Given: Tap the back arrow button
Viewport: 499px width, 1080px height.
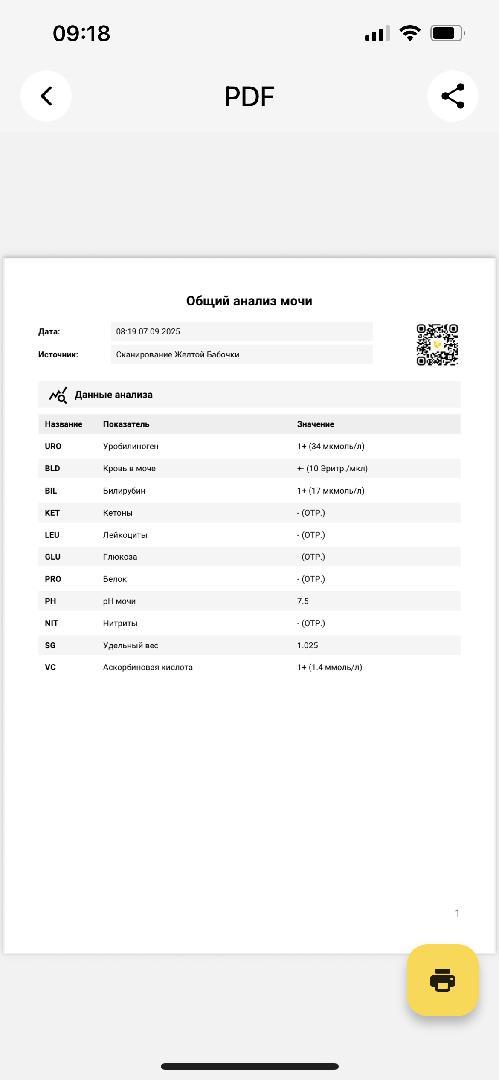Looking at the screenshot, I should [x=46, y=96].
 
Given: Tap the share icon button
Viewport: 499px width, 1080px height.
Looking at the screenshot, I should [x=453, y=96].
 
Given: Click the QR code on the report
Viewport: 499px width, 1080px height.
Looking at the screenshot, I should [x=437, y=345].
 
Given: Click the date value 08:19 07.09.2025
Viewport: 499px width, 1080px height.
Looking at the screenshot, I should [x=148, y=331].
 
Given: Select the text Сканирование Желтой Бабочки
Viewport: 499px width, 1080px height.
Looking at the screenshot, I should [x=177, y=354].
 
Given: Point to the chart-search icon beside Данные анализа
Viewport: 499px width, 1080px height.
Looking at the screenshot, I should [x=58, y=395].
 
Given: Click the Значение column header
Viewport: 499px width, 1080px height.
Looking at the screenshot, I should [x=316, y=424].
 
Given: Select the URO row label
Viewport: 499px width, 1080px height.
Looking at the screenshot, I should [x=53, y=446].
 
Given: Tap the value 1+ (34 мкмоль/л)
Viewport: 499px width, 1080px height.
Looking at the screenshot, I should [x=331, y=446].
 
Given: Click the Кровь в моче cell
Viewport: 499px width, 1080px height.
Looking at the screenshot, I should [x=129, y=468].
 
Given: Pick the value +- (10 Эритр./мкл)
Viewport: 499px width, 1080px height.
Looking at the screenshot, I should [x=332, y=468].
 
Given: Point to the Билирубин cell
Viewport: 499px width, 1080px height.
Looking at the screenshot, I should [x=124, y=491].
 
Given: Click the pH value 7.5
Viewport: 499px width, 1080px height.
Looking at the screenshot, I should [x=303, y=601].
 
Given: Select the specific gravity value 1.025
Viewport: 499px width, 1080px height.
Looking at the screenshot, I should [x=308, y=645].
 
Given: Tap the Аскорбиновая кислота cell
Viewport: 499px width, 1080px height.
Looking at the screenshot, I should [x=148, y=667].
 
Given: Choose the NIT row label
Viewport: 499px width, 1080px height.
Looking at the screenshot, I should [x=51, y=623].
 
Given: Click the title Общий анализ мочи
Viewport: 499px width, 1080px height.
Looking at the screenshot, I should [x=249, y=301].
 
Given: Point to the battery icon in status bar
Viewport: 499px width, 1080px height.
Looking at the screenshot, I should [x=447, y=33].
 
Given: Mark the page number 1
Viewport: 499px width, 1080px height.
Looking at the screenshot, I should [x=457, y=913].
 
